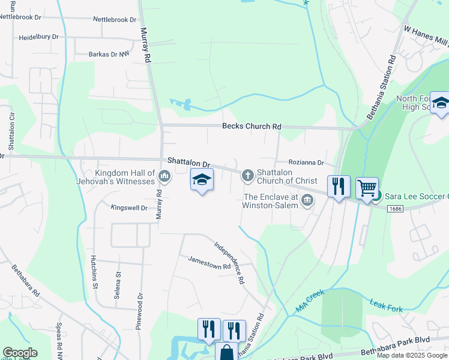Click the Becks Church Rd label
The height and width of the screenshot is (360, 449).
pyautogui.click(x=252, y=127)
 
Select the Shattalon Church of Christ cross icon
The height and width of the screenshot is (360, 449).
pyautogui.click(x=247, y=176)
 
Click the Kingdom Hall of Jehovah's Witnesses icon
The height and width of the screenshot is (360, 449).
pyautogui.click(x=164, y=176)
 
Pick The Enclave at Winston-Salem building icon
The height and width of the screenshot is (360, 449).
pyautogui.click(x=307, y=200)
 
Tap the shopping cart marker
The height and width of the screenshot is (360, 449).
pyautogui.click(x=367, y=189)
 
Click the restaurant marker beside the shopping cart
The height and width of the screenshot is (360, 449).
pyautogui.click(x=339, y=187)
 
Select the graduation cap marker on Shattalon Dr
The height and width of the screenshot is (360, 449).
pyautogui.click(x=202, y=180)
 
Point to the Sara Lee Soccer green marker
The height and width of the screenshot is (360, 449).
pyautogui.click(x=376, y=197)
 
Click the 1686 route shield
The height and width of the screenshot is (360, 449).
pyautogui.click(x=394, y=209)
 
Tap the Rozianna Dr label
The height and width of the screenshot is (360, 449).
pyautogui.click(x=306, y=163)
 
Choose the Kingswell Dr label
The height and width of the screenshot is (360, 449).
pyautogui.click(x=129, y=208)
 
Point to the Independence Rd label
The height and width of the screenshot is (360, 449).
pyautogui.click(x=231, y=262)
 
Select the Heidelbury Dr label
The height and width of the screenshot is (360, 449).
pyautogui.click(x=39, y=37)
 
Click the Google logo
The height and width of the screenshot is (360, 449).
pyautogui.click(x=20, y=353)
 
